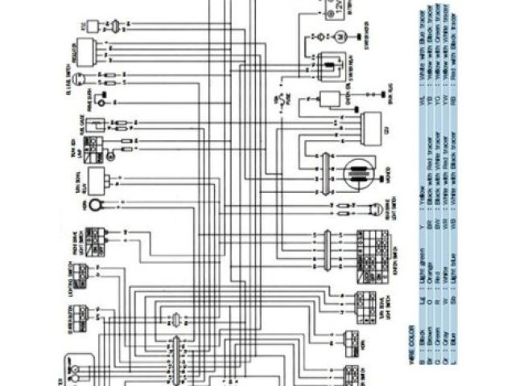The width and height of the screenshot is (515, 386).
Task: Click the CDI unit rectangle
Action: [x=373, y=127]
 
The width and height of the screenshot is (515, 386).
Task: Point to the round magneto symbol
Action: [x=356, y=173]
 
